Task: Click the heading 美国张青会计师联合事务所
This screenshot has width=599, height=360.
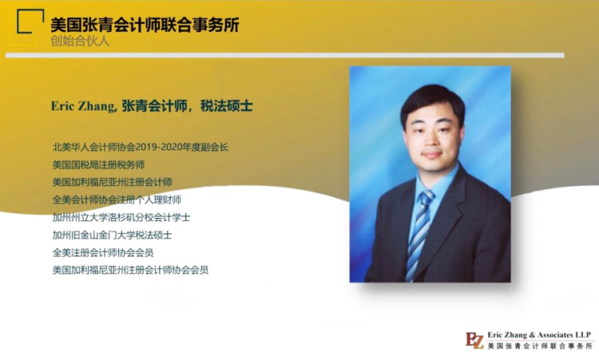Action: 145,26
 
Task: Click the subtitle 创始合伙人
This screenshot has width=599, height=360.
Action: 80,41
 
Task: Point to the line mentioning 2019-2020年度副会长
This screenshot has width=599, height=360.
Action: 141,147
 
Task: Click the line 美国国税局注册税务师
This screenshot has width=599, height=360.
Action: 98,165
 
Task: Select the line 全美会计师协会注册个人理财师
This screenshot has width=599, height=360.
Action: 117,200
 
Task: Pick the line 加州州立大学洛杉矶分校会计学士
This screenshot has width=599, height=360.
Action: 121,217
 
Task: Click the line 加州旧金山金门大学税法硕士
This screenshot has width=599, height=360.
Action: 112,235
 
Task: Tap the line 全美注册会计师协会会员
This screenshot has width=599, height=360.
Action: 103,252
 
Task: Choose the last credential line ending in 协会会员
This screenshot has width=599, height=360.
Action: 130,270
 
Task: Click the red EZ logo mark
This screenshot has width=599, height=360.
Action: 475,341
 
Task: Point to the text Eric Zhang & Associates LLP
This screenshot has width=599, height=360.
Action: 539,334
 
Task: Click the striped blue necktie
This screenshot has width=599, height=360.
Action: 419,234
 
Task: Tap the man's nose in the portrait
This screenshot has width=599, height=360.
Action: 432,140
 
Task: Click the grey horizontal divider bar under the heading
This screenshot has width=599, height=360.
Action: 285,55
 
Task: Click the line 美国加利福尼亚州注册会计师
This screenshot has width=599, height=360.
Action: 113,182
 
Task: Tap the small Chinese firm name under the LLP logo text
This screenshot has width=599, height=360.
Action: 540,346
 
